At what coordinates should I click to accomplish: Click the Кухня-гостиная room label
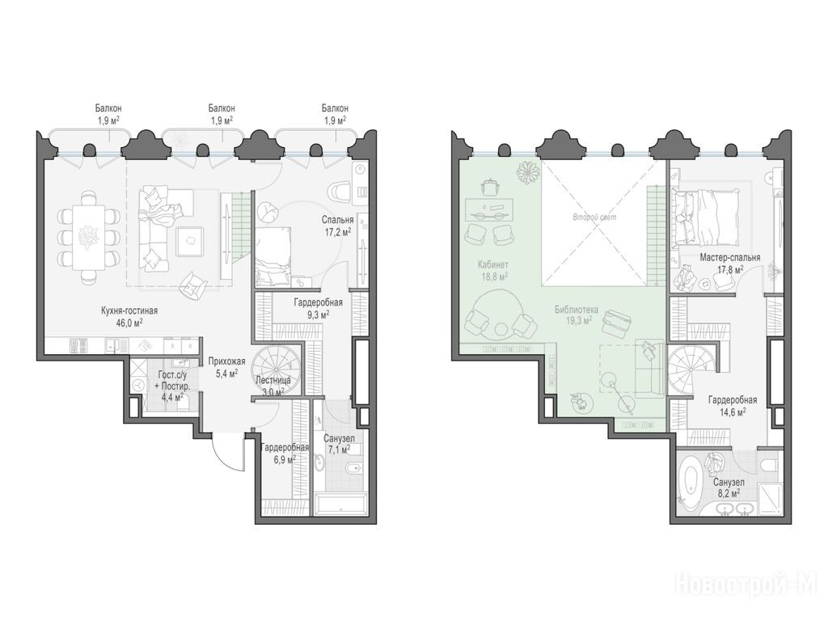(x=129, y=311)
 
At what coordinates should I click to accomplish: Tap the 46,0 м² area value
(x=129, y=322)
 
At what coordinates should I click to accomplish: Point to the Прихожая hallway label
(x=226, y=361)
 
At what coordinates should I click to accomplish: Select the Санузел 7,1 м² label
(x=338, y=444)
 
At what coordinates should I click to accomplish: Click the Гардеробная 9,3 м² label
(x=318, y=308)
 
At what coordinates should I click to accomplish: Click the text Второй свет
(x=594, y=217)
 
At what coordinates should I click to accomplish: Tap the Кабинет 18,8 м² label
(x=493, y=269)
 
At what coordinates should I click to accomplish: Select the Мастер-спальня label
(x=730, y=258)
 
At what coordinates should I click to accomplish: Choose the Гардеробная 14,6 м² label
(x=732, y=406)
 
